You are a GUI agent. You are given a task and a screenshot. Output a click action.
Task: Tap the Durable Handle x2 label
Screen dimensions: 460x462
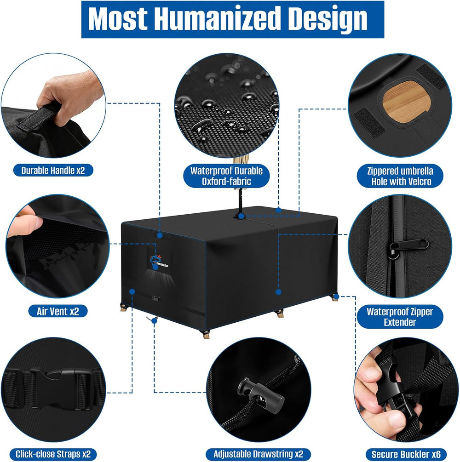[53, 170]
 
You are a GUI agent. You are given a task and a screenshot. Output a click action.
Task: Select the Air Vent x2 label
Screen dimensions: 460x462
[58, 311]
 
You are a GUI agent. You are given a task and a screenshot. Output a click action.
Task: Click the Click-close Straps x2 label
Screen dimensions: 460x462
[53, 454]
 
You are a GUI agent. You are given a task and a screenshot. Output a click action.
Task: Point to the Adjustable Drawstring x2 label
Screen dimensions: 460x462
[258, 454]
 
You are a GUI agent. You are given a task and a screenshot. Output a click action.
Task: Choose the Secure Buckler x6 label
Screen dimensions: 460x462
[406, 454]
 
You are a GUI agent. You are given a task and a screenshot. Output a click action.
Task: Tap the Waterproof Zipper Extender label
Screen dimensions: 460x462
[400, 317]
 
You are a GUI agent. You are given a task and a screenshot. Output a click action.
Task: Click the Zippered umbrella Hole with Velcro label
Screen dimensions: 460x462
[400, 176]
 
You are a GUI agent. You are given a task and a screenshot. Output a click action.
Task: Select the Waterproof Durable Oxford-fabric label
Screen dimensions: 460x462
[226, 176]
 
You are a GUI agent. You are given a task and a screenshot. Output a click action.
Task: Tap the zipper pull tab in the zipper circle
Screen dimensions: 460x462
[408, 247]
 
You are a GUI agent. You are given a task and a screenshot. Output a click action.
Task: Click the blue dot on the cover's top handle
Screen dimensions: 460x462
[160, 235]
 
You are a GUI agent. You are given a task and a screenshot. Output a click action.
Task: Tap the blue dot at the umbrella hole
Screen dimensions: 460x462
[241, 216]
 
